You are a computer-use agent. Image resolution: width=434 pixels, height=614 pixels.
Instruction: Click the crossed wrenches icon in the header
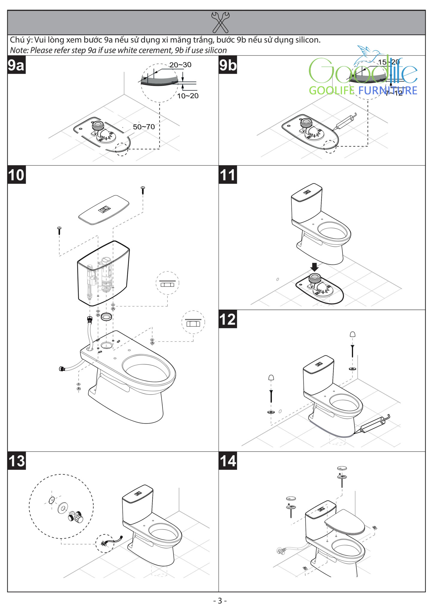[x=220, y=22]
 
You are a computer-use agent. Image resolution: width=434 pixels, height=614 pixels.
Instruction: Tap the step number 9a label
[x=16, y=65]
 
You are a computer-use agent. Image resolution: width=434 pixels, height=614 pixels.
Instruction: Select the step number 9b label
[x=228, y=65]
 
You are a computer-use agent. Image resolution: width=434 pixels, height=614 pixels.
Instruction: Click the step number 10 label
[x=16, y=175]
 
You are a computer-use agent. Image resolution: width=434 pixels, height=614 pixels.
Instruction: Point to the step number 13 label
[x=16, y=461]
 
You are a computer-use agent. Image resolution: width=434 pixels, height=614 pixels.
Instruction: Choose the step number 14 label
[x=228, y=461]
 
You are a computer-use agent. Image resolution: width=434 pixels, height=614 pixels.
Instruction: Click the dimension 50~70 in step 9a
[x=144, y=127]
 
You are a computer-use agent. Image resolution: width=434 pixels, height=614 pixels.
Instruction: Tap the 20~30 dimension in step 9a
[x=180, y=65]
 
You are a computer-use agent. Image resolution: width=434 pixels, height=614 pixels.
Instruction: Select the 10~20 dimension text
[x=188, y=96]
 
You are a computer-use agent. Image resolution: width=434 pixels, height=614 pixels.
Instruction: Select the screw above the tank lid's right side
[x=143, y=189]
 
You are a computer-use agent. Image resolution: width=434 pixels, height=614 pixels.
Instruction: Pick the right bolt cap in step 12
[x=353, y=334]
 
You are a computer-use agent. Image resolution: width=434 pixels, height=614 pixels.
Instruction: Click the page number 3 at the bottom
[x=220, y=601]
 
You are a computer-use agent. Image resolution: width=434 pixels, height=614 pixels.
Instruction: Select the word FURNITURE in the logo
[x=388, y=91]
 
